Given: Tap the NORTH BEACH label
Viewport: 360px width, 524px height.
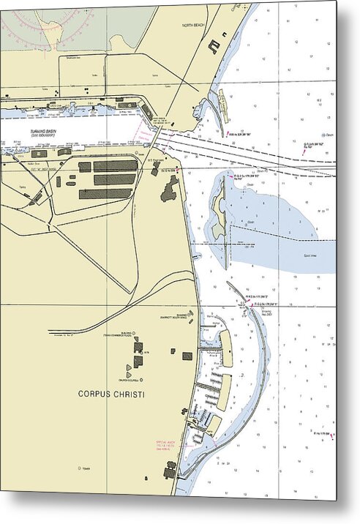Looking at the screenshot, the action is point(195,24).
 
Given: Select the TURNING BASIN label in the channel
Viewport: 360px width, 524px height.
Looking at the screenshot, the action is point(43,132).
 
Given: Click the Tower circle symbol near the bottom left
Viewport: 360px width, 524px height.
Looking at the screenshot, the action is point(78,468).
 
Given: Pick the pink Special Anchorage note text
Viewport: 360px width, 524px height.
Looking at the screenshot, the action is point(168,445).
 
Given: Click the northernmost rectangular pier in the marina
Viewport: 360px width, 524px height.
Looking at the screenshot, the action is point(226,349).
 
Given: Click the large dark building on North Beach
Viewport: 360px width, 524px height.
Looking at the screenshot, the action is point(213,46).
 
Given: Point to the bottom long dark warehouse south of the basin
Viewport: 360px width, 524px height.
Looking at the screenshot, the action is point(105,194).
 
